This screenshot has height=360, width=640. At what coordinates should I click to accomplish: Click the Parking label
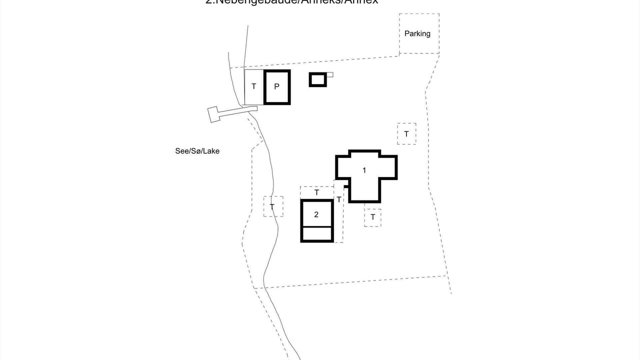point(417,33)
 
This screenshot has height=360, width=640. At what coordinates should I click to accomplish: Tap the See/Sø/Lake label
point(197,151)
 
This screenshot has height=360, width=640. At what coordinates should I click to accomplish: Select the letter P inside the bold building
point(276,86)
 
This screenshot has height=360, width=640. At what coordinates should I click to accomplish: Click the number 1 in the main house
point(364,170)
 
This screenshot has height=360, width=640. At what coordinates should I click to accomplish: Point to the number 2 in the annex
point(316,214)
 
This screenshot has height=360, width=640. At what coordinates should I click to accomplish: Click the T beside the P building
point(253,86)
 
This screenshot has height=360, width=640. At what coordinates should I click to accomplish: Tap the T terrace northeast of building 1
point(406,134)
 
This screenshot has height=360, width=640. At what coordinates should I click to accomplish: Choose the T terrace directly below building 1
point(372,217)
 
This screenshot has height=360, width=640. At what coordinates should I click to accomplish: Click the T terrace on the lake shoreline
point(272,206)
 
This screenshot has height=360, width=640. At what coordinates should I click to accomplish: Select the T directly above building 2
point(316,192)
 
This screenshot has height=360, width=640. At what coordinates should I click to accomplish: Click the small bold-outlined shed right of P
point(317,79)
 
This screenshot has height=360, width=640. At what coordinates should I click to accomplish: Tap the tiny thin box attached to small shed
point(329,74)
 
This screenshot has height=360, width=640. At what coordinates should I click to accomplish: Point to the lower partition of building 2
point(316,234)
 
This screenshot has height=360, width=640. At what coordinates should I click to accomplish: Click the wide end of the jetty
point(213,114)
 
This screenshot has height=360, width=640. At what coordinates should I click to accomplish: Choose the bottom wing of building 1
point(364,192)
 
